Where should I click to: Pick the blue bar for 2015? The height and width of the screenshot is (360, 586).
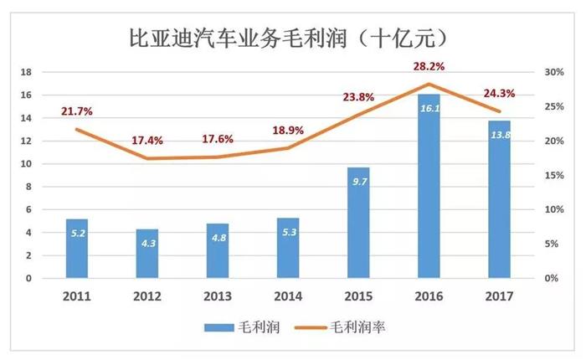coord(357,223)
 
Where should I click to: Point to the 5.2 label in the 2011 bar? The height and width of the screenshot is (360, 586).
coord(76,232)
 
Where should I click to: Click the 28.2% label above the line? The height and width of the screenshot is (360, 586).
coord(428,65)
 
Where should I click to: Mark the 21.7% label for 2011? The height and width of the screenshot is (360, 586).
coord(77,111)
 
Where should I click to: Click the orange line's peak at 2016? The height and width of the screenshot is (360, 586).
coord(428,84)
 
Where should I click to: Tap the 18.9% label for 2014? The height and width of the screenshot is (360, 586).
coord(287,130)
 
